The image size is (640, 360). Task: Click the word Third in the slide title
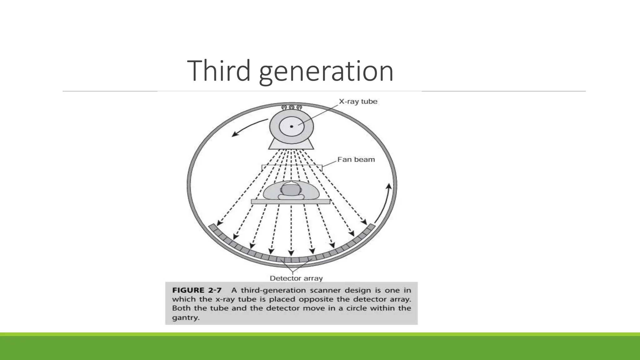[218, 71]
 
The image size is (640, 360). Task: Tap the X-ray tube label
[358, 102]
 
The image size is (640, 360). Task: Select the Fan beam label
[356, 160]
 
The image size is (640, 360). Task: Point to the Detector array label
[296, 278]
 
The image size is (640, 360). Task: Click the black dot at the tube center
[292, 127]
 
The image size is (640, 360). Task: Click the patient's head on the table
[291, 190]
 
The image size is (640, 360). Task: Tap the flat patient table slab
[291, 202]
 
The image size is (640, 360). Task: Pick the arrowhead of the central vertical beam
[291, 253]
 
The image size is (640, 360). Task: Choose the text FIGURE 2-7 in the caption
[197, 290]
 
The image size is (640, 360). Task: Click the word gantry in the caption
[185, 318]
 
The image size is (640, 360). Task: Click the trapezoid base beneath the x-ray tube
[291, 144]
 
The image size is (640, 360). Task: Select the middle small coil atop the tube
[292, 107]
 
